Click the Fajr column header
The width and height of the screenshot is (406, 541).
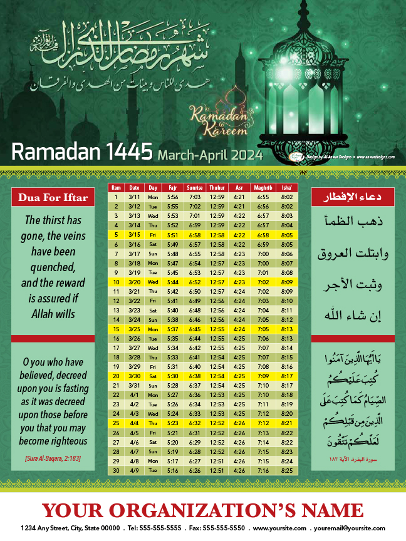(x=172, y=188)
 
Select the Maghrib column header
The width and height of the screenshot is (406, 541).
(x=263, y=188)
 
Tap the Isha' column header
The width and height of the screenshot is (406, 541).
(x=287, y=188)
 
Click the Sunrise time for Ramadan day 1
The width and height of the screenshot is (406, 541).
(x=195, y=197)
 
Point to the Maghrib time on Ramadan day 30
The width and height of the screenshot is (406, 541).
(x=263, y=470)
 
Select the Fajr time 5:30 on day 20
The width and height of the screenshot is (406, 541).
(x=172, y=376)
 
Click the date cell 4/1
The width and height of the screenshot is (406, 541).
(x=135, y=394)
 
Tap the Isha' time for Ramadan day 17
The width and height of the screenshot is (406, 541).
(x=287, y=348)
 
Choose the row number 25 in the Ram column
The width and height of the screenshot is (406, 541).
(x=116, y=423)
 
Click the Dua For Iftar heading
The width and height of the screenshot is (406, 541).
(x=53, y=198)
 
